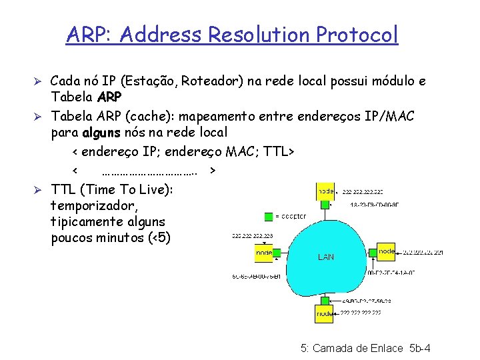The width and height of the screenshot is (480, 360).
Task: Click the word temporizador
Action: (94, 206)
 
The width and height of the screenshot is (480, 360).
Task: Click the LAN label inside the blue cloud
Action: (326, 257)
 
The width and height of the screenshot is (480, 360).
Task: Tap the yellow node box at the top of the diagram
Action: (325, 192)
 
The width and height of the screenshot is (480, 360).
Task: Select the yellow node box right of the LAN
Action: (387, 251)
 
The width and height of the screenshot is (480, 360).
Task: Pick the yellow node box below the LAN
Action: (324, 313)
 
